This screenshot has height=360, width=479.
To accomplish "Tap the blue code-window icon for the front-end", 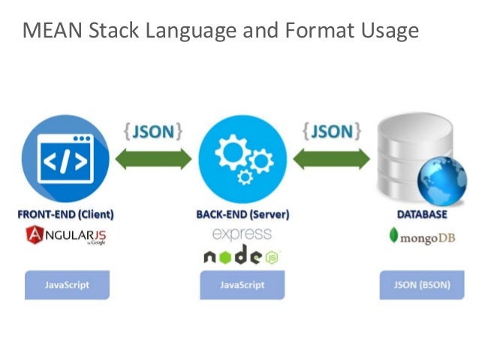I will coord(65,159).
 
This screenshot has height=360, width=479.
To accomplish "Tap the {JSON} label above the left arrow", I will coord(153,132).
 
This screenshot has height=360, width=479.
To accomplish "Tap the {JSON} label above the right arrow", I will coord(331,132).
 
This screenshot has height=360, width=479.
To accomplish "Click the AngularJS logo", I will coord(66,237).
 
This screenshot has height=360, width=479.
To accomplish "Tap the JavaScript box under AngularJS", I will coord(66,286).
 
